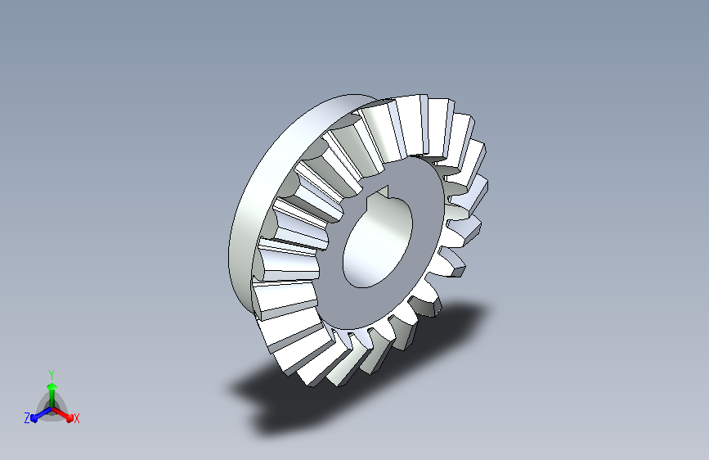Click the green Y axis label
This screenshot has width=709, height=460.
click(x=52, y=375)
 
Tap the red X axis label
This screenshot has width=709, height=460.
click(x=76, y=419)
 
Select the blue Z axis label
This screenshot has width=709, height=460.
click(x=27, y=418)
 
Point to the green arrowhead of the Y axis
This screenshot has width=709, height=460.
click(x=52, y=386)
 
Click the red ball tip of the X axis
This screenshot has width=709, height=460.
click(x=70, y=418)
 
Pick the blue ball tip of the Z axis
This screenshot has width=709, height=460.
click(x=35, y=418)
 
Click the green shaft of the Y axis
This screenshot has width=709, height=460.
click(x=52, y=399)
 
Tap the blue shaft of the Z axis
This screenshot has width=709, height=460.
click(x=44, y=414)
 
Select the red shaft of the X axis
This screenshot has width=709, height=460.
click(x=61, y=413)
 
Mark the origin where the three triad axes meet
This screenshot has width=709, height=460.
click(x=52, y=409)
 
